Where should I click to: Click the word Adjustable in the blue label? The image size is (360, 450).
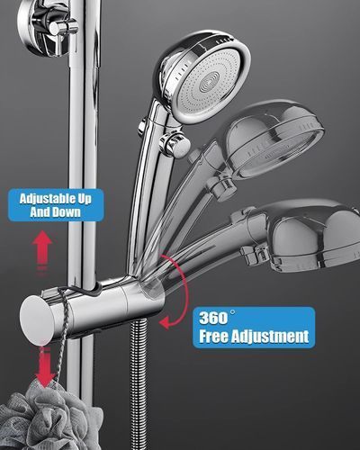click(x=47, y=199)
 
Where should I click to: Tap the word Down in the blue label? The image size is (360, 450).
click(x=67, y=212)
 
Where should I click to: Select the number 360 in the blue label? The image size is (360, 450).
click(x=213, y=319)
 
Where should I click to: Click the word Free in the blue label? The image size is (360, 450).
click(x=214, y=336)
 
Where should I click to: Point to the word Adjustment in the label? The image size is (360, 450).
click(x=271, y=337)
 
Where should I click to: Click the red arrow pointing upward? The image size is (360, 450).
click(x=42, y=246)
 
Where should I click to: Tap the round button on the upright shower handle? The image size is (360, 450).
click(x=174, y=144)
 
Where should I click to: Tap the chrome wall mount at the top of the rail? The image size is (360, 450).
click(x=48, y=27)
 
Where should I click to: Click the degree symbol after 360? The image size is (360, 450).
click(x=232, y=312)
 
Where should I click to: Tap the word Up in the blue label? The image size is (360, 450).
click(x=85, y=200)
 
